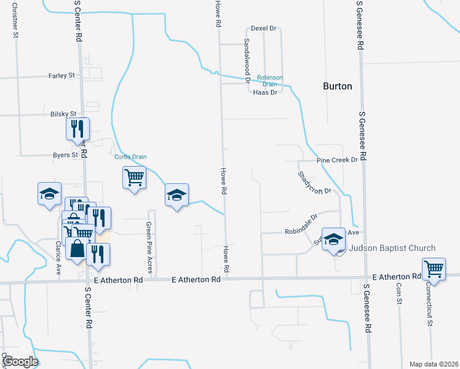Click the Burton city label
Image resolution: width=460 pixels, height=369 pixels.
click(337, 86)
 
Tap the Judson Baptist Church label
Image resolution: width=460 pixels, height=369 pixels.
click(392, 248)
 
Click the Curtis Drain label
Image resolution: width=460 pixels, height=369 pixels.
click(131, 157)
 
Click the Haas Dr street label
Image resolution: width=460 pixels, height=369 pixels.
click(265, 92)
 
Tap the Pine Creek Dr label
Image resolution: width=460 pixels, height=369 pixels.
click(337, 160)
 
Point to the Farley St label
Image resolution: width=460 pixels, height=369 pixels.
click(61, 76)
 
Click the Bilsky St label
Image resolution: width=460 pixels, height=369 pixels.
click(63, 114)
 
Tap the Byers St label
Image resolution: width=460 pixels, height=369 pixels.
click(65, 155)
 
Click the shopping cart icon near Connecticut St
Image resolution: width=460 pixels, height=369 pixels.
click(434, 269)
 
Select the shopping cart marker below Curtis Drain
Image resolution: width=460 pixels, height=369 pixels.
click(134, 178)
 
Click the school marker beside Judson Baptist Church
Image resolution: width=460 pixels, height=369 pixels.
click(334, 239)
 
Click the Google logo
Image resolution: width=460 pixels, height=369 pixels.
click(20, 362)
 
